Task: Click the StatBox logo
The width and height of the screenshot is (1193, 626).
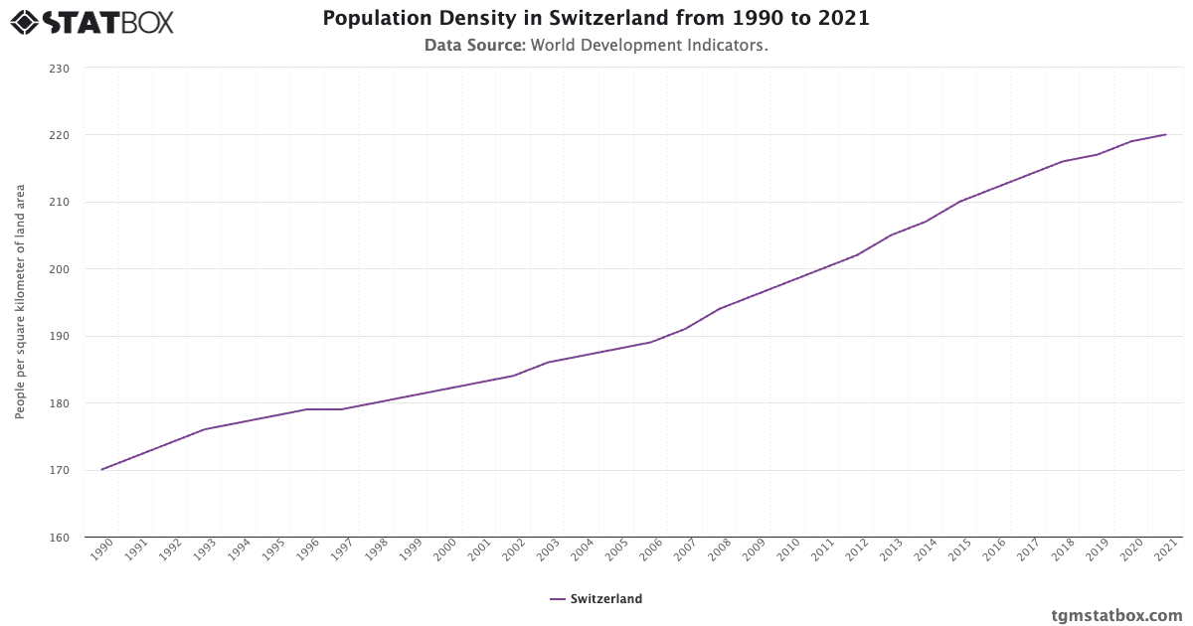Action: click(91, 21)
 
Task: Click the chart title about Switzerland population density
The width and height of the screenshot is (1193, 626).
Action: click(596, 19)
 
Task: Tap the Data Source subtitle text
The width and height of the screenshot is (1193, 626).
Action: click(596, 46)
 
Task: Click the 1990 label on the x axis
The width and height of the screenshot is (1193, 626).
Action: click(100, 551)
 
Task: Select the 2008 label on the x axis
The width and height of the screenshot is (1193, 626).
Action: click(719, 551)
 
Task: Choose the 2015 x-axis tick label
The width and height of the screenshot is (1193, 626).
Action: click(958, 551)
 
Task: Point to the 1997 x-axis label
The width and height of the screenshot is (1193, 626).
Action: click(341, 551)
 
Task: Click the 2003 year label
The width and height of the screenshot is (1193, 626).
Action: click(547, 551)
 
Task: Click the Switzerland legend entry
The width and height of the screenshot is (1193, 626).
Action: click(596, 599)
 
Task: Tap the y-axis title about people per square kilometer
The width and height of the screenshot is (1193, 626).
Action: click(20, 302)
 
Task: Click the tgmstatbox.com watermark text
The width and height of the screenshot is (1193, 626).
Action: click(1116, 614)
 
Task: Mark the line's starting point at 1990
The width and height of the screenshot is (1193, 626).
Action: click(101, 470)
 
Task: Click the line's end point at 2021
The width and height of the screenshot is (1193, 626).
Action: click(1165, 134)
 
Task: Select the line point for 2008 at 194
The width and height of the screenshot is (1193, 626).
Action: click(720, 308)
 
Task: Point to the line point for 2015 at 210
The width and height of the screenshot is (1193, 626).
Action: click(959, 202)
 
